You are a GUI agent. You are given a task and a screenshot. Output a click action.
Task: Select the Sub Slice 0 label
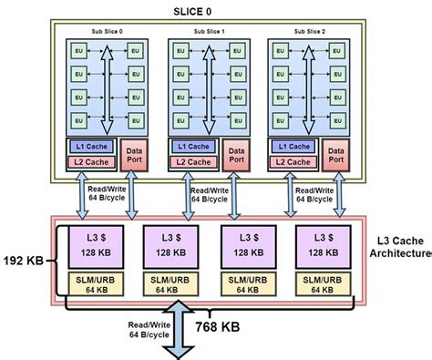pyautogui.click(x=106, y=30)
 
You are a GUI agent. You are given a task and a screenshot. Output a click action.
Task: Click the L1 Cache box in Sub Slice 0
pyautogui.click(x=91, y=147)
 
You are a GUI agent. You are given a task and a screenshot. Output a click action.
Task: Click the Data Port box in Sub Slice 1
pyautogui.click(x=235, y=154)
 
